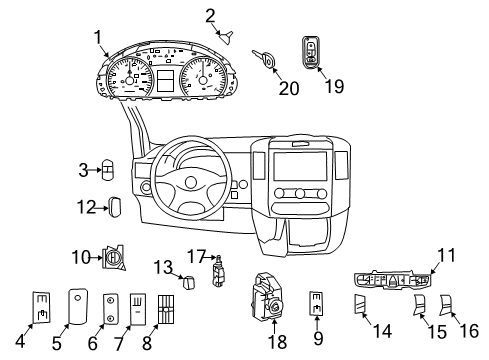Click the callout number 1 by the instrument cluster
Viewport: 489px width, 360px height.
(97, 37)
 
